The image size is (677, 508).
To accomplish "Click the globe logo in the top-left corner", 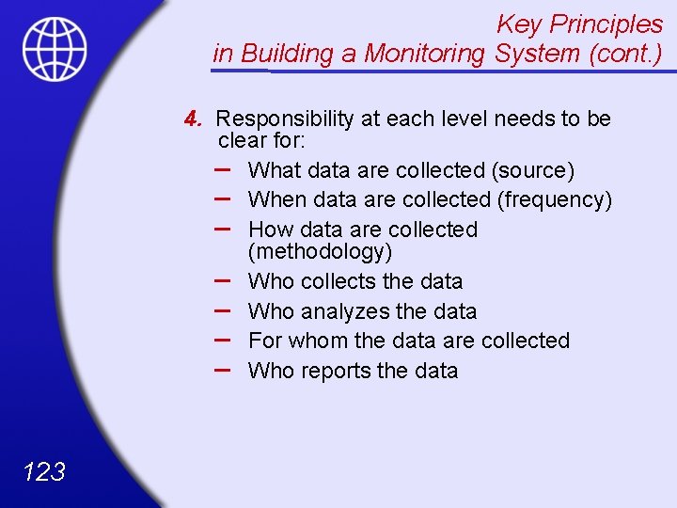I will coord(55,48).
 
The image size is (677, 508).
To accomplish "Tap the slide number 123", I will coord(42,471).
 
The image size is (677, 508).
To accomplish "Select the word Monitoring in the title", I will coord(425,54).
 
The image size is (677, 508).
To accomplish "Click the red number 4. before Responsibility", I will coord(195,119).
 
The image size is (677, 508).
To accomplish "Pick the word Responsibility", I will coord(285,119).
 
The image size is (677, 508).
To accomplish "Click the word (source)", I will coord(532,170).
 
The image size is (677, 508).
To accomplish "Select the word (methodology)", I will coord(321,251).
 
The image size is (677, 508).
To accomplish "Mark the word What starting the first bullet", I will coord(272,170).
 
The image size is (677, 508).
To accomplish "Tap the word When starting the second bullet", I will coord(276,199).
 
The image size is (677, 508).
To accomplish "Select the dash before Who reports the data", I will coord(225,368).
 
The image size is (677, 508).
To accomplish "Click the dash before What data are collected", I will coord(225,167).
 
